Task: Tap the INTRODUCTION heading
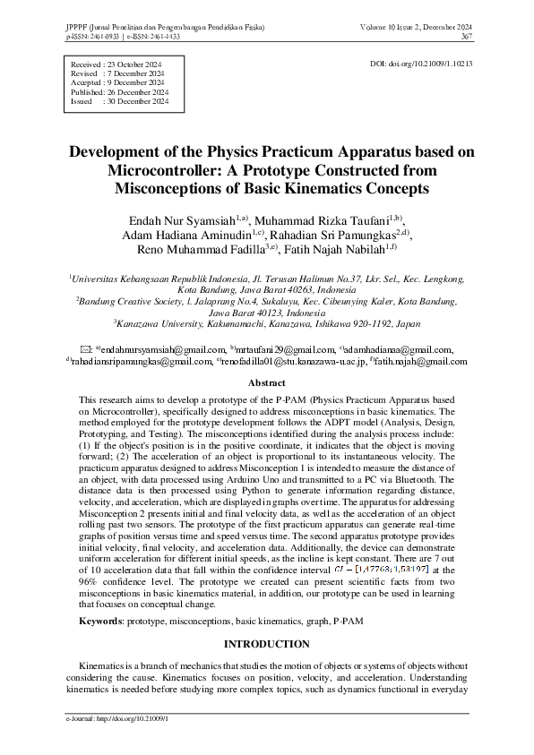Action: coord(266,643)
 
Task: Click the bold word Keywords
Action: coord(100,620)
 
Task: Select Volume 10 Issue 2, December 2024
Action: coord(418,28)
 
